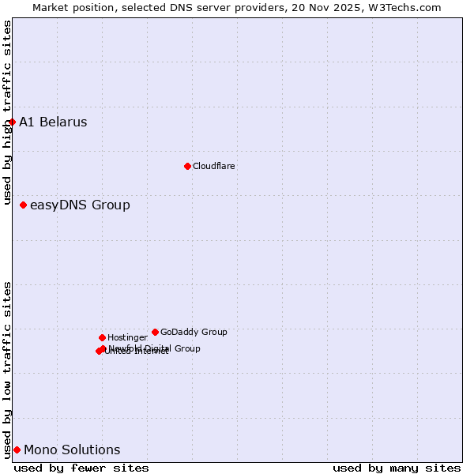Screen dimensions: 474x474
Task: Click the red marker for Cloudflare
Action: pos(187,166)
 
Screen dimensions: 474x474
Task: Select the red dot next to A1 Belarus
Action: pos(12,122)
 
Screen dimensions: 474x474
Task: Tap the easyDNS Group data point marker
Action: pos(23,205)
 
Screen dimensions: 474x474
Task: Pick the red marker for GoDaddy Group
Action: pos(155,332)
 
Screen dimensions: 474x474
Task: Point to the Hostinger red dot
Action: pos(102,337)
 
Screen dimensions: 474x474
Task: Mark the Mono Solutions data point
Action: pos(17,450)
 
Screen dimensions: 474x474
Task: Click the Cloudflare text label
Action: pos(214,166)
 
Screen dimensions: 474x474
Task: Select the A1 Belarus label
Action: pos(53,122)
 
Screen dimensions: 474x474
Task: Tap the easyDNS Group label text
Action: pos(80,205)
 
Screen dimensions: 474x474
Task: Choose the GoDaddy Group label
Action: pos(194,332)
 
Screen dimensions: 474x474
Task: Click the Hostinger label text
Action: pos(127,337)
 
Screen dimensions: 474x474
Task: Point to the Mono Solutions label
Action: pos(72,450)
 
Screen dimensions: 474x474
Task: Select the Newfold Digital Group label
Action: pos(155,348)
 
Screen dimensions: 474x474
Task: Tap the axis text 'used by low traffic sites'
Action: pos(8,369)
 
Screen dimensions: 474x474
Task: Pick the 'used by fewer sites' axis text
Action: pos(81,468)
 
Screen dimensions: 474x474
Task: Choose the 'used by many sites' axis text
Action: pos(397,468)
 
